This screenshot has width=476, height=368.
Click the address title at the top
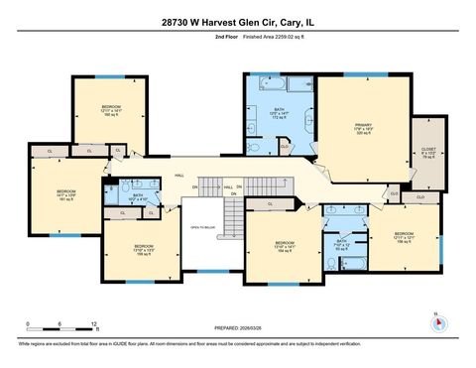point(238,19)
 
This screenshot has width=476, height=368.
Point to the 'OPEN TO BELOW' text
point(202,227)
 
